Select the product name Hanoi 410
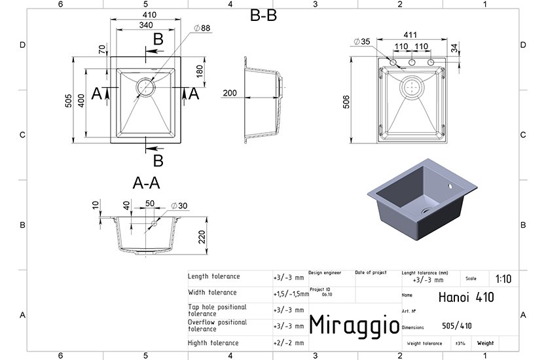click(x=466, y=297)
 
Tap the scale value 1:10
click(x=503, y=279)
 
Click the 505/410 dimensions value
click(x=456, y=326)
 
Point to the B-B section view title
click(x=263, y=15)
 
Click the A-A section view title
click(x=146, y=183)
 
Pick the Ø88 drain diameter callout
click(x=202, y=28)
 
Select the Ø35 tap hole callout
click(x=362, y=41)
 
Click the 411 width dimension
click(x=410, y=35)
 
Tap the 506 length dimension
click(x=346, y=101)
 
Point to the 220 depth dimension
click(x=202, y=237)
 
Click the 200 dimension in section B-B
click(x=230, y=93)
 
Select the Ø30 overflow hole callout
click(x=179, y=206)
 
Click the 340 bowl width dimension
click(x=146, y=25)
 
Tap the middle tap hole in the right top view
click(x=412, y=62)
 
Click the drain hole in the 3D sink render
click(x=426, y=211)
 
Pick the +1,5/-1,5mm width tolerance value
click(x=291, y=294)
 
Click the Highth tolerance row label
click(x=213, y=343)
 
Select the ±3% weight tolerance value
click(x=460, y=343)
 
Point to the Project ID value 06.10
click(x=327, y=295)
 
